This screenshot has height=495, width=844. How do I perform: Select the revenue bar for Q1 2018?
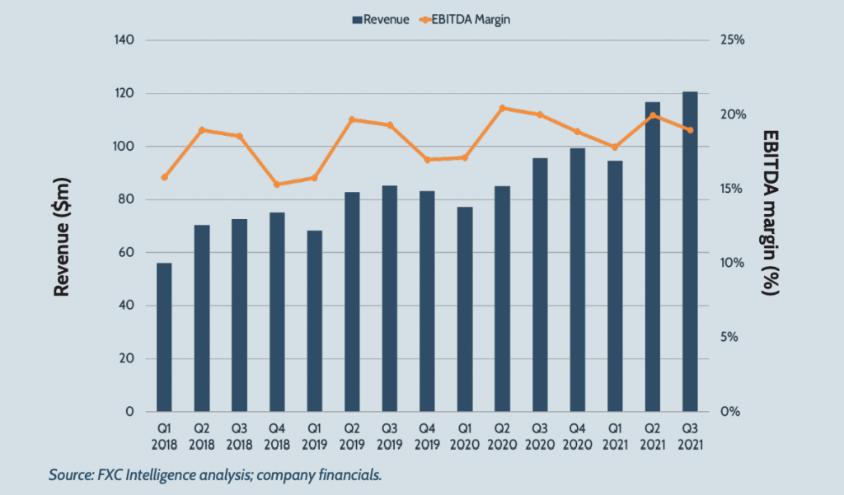coord(164,338)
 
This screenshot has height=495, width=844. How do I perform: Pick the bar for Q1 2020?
coord(465,309)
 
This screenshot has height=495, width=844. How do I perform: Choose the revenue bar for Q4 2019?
coord(427,301)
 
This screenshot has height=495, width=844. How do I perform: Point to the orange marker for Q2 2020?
coord(502,108)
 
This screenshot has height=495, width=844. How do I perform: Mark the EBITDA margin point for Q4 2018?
coord(277,184)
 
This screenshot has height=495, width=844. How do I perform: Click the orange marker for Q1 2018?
coord(164,177)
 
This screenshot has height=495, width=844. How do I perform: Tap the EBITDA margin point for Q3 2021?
coord(691,130)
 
